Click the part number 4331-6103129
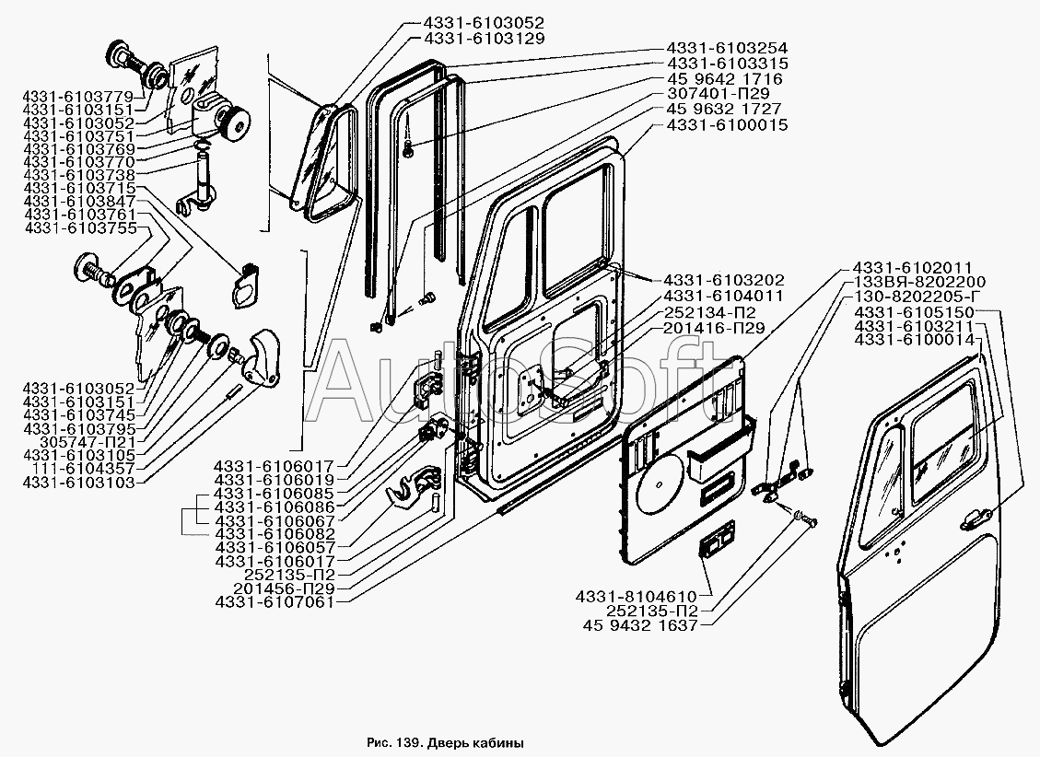pyautogui.click(x=485, y=39)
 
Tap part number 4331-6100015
pyautogui.click(x=727, y=124)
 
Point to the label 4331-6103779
pyautogui.click(x=79, y=96)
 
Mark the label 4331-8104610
pyautogui.click(x=640, y=596)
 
